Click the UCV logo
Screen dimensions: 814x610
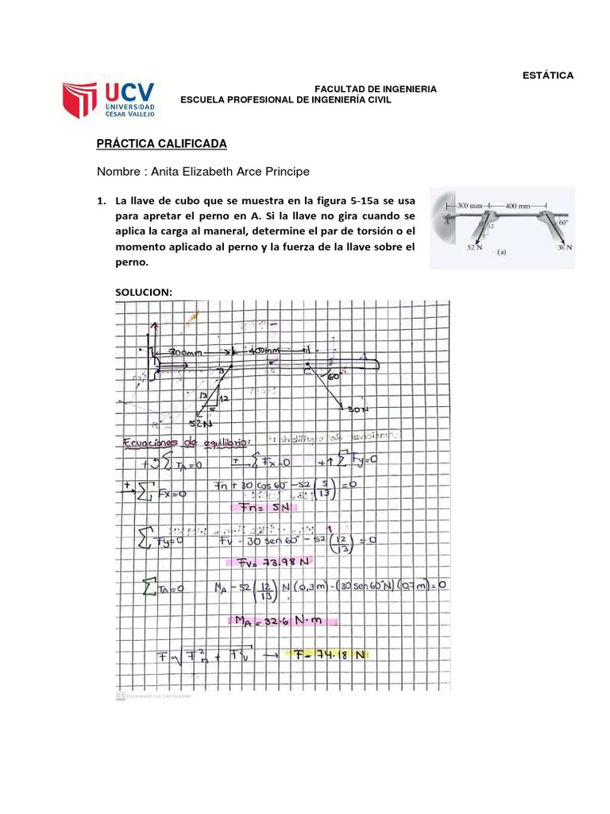(x=110, y=99)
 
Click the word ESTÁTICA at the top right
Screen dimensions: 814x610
(x=547, y=76)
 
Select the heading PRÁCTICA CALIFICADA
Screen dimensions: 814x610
(x=161, y=143)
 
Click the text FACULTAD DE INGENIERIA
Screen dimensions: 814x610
(x=376, y=89)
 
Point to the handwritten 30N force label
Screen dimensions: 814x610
(x=358, y=409)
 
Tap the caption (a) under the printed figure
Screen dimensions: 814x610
(x=502, y=255)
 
